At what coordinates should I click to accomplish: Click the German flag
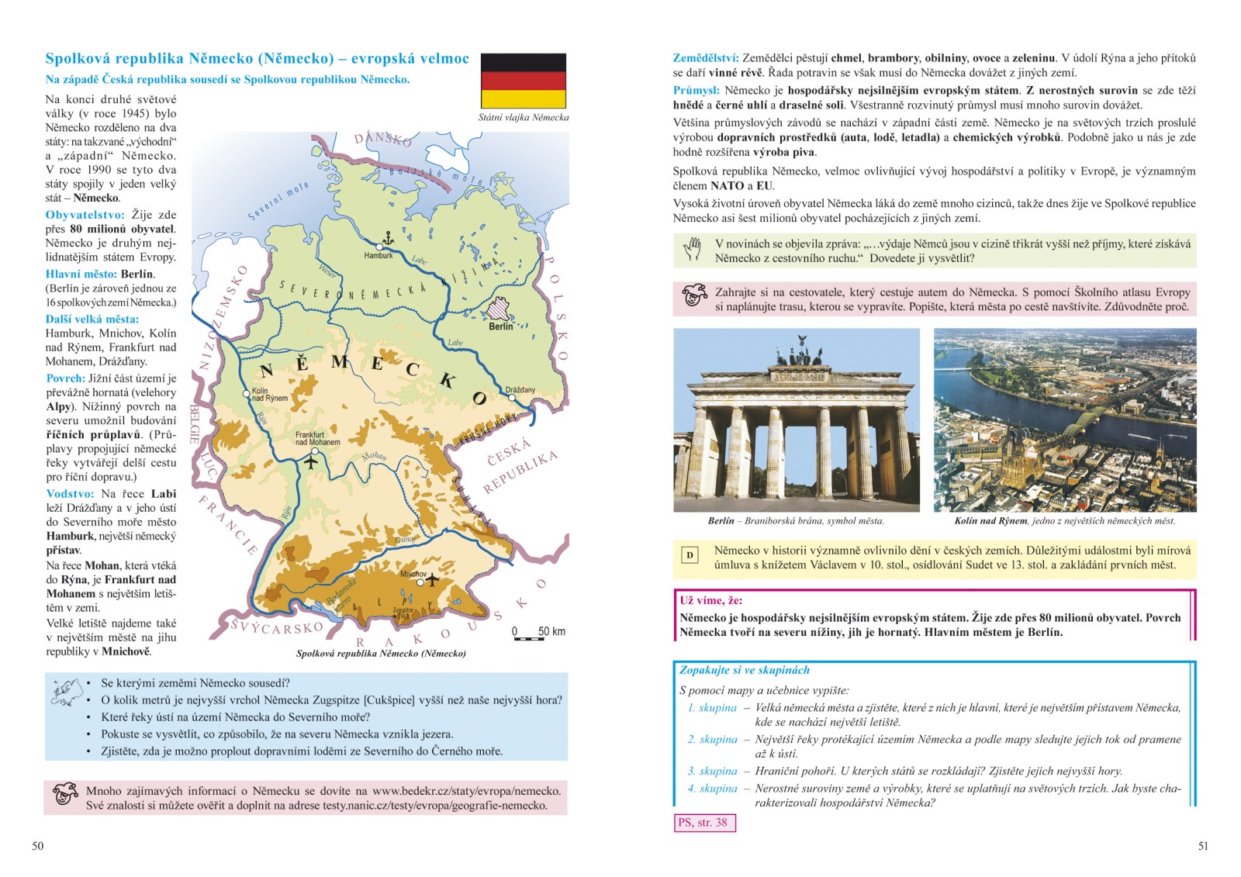[x=524, y=81]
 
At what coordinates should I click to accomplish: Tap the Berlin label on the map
[x=500, y=326]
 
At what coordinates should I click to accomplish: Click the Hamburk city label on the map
[x=379, y=255]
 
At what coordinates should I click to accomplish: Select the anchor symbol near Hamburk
[x=387, y=237]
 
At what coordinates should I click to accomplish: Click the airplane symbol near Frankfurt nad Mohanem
[x=311, y=463]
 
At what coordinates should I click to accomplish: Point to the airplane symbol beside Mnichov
[x=431, y=579]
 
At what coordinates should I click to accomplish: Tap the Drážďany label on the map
[x=520, y=390]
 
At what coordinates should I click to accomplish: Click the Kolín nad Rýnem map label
[x=269, y=395]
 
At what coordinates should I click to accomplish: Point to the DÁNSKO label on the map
[x=382, y=139]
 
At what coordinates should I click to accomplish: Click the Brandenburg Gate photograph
[x=796, y=420]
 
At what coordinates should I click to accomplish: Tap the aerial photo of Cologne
[x=1064, y=420]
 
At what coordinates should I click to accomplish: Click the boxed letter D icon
[x=690, y=555]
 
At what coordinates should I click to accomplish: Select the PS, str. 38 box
[x=703, y=823]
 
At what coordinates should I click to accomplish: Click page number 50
[x=38, y=846]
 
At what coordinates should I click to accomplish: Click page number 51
[x=1203, y=846]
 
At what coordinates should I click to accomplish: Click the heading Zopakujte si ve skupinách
[x=744, y=670]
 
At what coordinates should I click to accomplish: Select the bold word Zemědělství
[x=705, y=58]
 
